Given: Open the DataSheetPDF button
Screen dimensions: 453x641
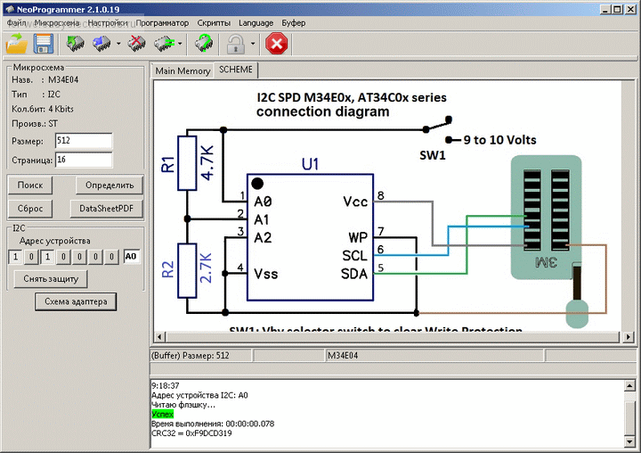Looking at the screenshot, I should [106, 209].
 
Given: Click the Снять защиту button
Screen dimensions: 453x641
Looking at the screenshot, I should [51, 279].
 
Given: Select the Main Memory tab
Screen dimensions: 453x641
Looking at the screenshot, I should [183, 70].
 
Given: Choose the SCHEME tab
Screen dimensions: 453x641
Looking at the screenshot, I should [236, 70].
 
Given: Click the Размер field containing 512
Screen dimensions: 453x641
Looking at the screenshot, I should [83, 141].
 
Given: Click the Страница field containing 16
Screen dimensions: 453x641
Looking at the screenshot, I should [83, 160].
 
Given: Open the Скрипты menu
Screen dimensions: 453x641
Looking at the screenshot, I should [214, 22].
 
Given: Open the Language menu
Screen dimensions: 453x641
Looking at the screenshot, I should [256, 22].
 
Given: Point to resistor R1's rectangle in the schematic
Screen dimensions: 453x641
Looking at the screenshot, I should [187, 162].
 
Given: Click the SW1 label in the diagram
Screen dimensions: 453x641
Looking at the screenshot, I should [433, 155].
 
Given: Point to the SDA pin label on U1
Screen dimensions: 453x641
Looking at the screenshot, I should [354, 273].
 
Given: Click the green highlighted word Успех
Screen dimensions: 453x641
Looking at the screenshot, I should [163, 414].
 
